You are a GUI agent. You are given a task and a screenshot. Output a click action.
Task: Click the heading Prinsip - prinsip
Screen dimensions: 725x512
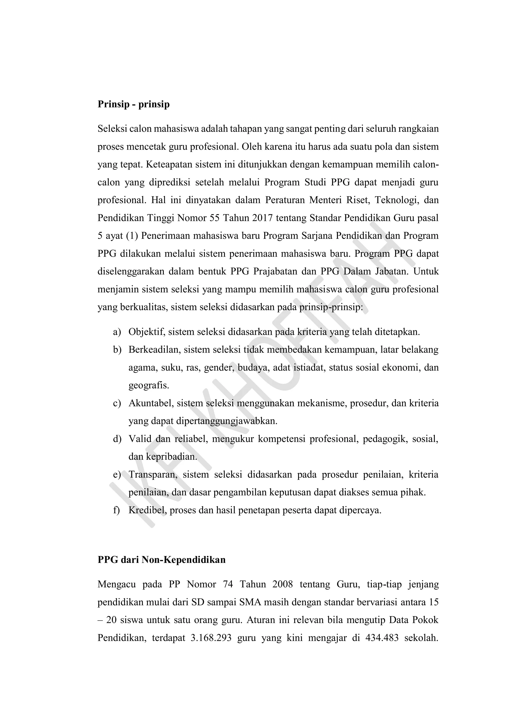click(x=133, y=104)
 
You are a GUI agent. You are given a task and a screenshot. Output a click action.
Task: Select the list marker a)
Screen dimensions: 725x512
click(x=117, y=332)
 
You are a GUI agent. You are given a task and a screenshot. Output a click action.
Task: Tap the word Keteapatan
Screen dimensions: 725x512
click(x=169, y=165)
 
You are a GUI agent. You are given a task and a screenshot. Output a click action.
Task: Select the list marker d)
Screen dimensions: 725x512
click(x=117, y=439)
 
